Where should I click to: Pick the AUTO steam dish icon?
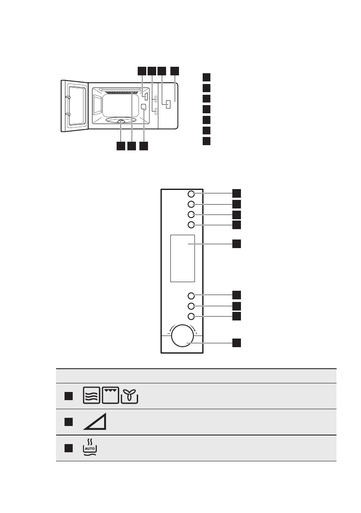point(90,448)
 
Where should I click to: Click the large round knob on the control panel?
point(182,336)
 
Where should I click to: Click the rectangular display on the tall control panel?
point(182,258)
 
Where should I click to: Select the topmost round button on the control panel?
point(191,194)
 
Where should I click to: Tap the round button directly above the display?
point(191,225)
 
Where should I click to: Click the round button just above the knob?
point(191,317)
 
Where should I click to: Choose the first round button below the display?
point(191,295)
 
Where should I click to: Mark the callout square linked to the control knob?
point(237,343)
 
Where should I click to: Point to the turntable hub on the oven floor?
point(121,122)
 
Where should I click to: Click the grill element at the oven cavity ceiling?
point(120,92)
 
